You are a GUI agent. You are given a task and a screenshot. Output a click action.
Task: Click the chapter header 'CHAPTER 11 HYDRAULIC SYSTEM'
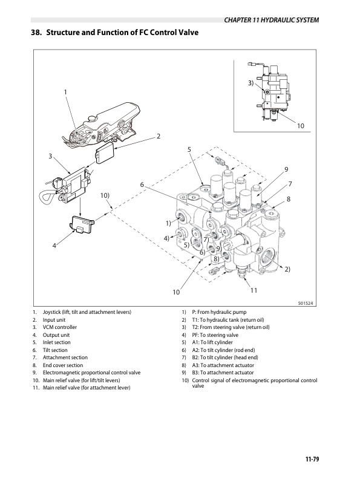(x=272, y=20)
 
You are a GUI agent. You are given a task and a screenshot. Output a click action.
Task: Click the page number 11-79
(x=312, y=459)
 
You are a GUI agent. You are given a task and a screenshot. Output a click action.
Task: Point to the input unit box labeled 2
(x=105, y=154)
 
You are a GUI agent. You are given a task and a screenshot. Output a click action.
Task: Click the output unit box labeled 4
(x=82, y=224)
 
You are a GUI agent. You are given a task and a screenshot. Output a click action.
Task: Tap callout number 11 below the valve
(x=254, y=290)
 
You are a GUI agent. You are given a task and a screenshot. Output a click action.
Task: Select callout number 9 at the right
(x=286, y=169)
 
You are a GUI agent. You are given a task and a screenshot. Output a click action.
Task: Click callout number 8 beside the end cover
(x=288, y=199)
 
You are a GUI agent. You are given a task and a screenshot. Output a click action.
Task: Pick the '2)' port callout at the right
(x=287, y=269)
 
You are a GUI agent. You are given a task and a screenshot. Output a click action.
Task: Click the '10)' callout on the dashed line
(x=105, y=195)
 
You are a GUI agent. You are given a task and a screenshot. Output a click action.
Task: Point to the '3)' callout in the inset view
(x=250, y=83)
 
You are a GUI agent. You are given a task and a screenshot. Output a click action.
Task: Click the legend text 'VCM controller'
(x=59, y=327)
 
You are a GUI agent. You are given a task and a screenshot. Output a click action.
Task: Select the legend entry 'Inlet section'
(x=56, y=342)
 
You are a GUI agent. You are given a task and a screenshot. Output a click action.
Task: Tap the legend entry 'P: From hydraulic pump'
(x=219, y=312)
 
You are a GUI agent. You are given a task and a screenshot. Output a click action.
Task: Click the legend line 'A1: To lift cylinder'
(x=212, y=342)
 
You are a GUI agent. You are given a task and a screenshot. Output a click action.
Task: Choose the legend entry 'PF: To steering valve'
(x=215, y=335)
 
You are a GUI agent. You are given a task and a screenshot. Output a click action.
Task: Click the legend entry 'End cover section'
(x=63, y=365)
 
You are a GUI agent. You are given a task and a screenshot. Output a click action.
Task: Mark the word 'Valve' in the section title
(x=188, y=33)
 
